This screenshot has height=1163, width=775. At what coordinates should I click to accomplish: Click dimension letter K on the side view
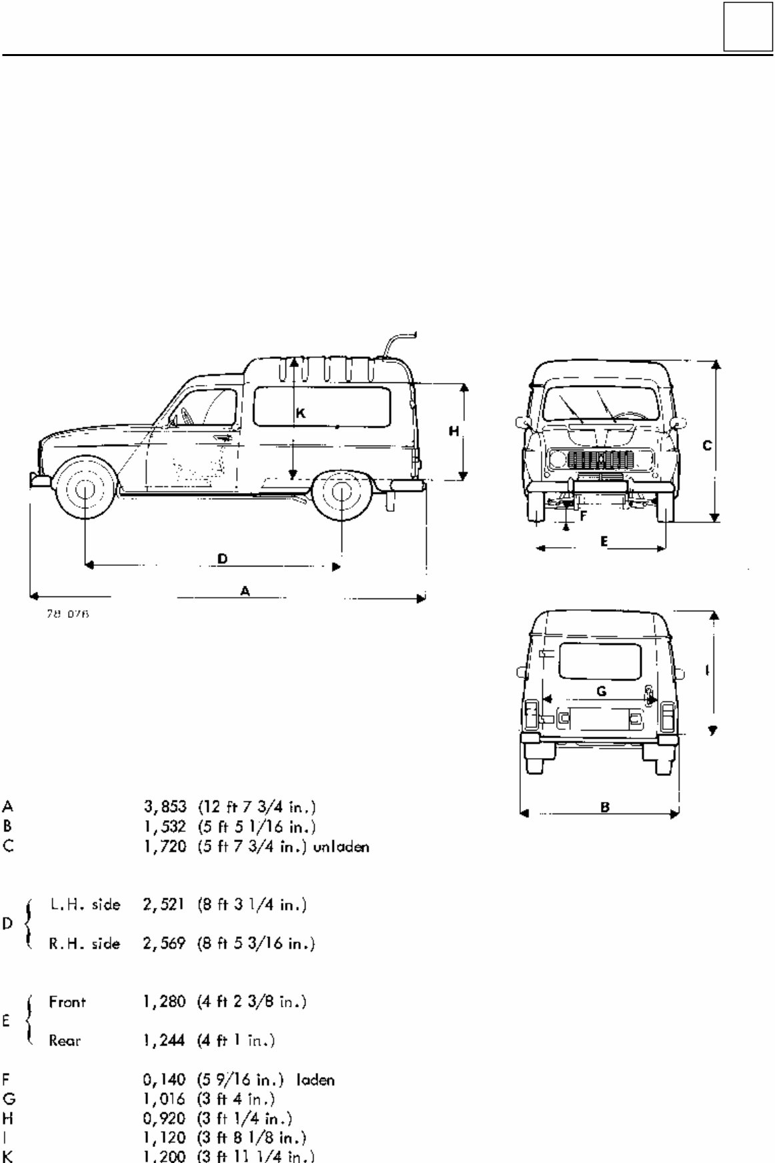(x=301, y=414)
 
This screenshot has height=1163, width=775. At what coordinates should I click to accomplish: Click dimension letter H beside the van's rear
(x=454, y=432)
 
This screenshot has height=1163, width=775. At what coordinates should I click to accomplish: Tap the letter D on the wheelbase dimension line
(x=223, y=558)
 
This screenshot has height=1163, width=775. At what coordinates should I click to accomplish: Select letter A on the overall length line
(x=245, y=591)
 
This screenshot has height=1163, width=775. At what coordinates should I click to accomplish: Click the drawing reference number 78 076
(x=67, y=615)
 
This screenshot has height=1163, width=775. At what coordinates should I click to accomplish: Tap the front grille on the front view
(x=600, y=460)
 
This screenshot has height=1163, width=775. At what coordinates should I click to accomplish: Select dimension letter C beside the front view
(x=707, y=445)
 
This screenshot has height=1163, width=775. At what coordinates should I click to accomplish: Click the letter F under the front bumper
(x=582, y=515)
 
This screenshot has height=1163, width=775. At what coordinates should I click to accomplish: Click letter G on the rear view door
(x=601, y=691)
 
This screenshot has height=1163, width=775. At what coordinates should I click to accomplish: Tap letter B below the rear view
(x=605, y=807)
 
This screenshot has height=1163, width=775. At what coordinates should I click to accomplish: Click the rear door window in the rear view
(x=599, y=661)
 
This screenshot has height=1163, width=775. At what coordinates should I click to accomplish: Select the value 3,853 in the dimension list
(x=163, y=807)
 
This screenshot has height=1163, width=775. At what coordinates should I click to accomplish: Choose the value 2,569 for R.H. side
(x=163, y=944)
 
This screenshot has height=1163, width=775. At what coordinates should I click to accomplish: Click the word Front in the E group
(x=67, y=1002)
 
